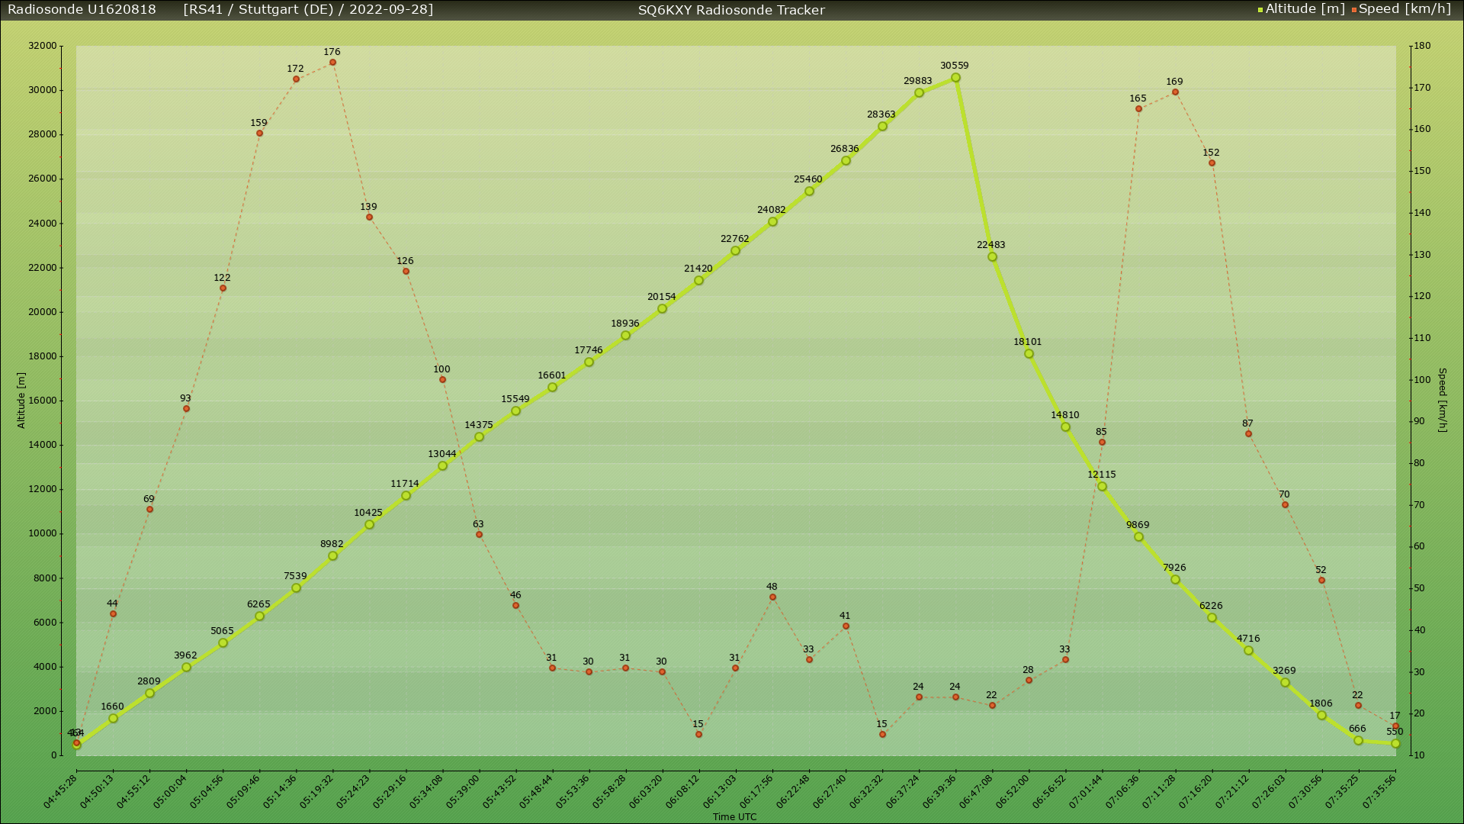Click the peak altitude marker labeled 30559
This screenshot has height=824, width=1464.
coord(955,78)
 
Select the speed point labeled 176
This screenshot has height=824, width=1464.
coord(332,63)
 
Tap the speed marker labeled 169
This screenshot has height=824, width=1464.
coord(1175,92)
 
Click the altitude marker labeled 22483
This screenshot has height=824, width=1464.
coord(992,257)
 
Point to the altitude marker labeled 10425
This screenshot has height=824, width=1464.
coord(369,525)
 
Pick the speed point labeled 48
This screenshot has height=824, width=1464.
coord(772,597)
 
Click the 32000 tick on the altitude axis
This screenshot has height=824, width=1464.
coord(43,46)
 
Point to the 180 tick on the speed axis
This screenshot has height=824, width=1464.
coord(1421,46)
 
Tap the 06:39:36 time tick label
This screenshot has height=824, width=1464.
coord(939,792)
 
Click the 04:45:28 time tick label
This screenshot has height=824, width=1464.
coord(60,792)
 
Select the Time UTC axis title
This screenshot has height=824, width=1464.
coord(734,817)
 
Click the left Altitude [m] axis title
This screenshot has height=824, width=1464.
coord(21,401)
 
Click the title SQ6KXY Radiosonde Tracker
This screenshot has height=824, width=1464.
coord(731,10)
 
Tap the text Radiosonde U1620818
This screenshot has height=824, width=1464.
coord(82,9)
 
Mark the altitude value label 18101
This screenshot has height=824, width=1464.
coord(1027,342)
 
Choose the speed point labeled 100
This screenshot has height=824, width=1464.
coord(442,380)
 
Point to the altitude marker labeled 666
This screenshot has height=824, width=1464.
coord(1358,741)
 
